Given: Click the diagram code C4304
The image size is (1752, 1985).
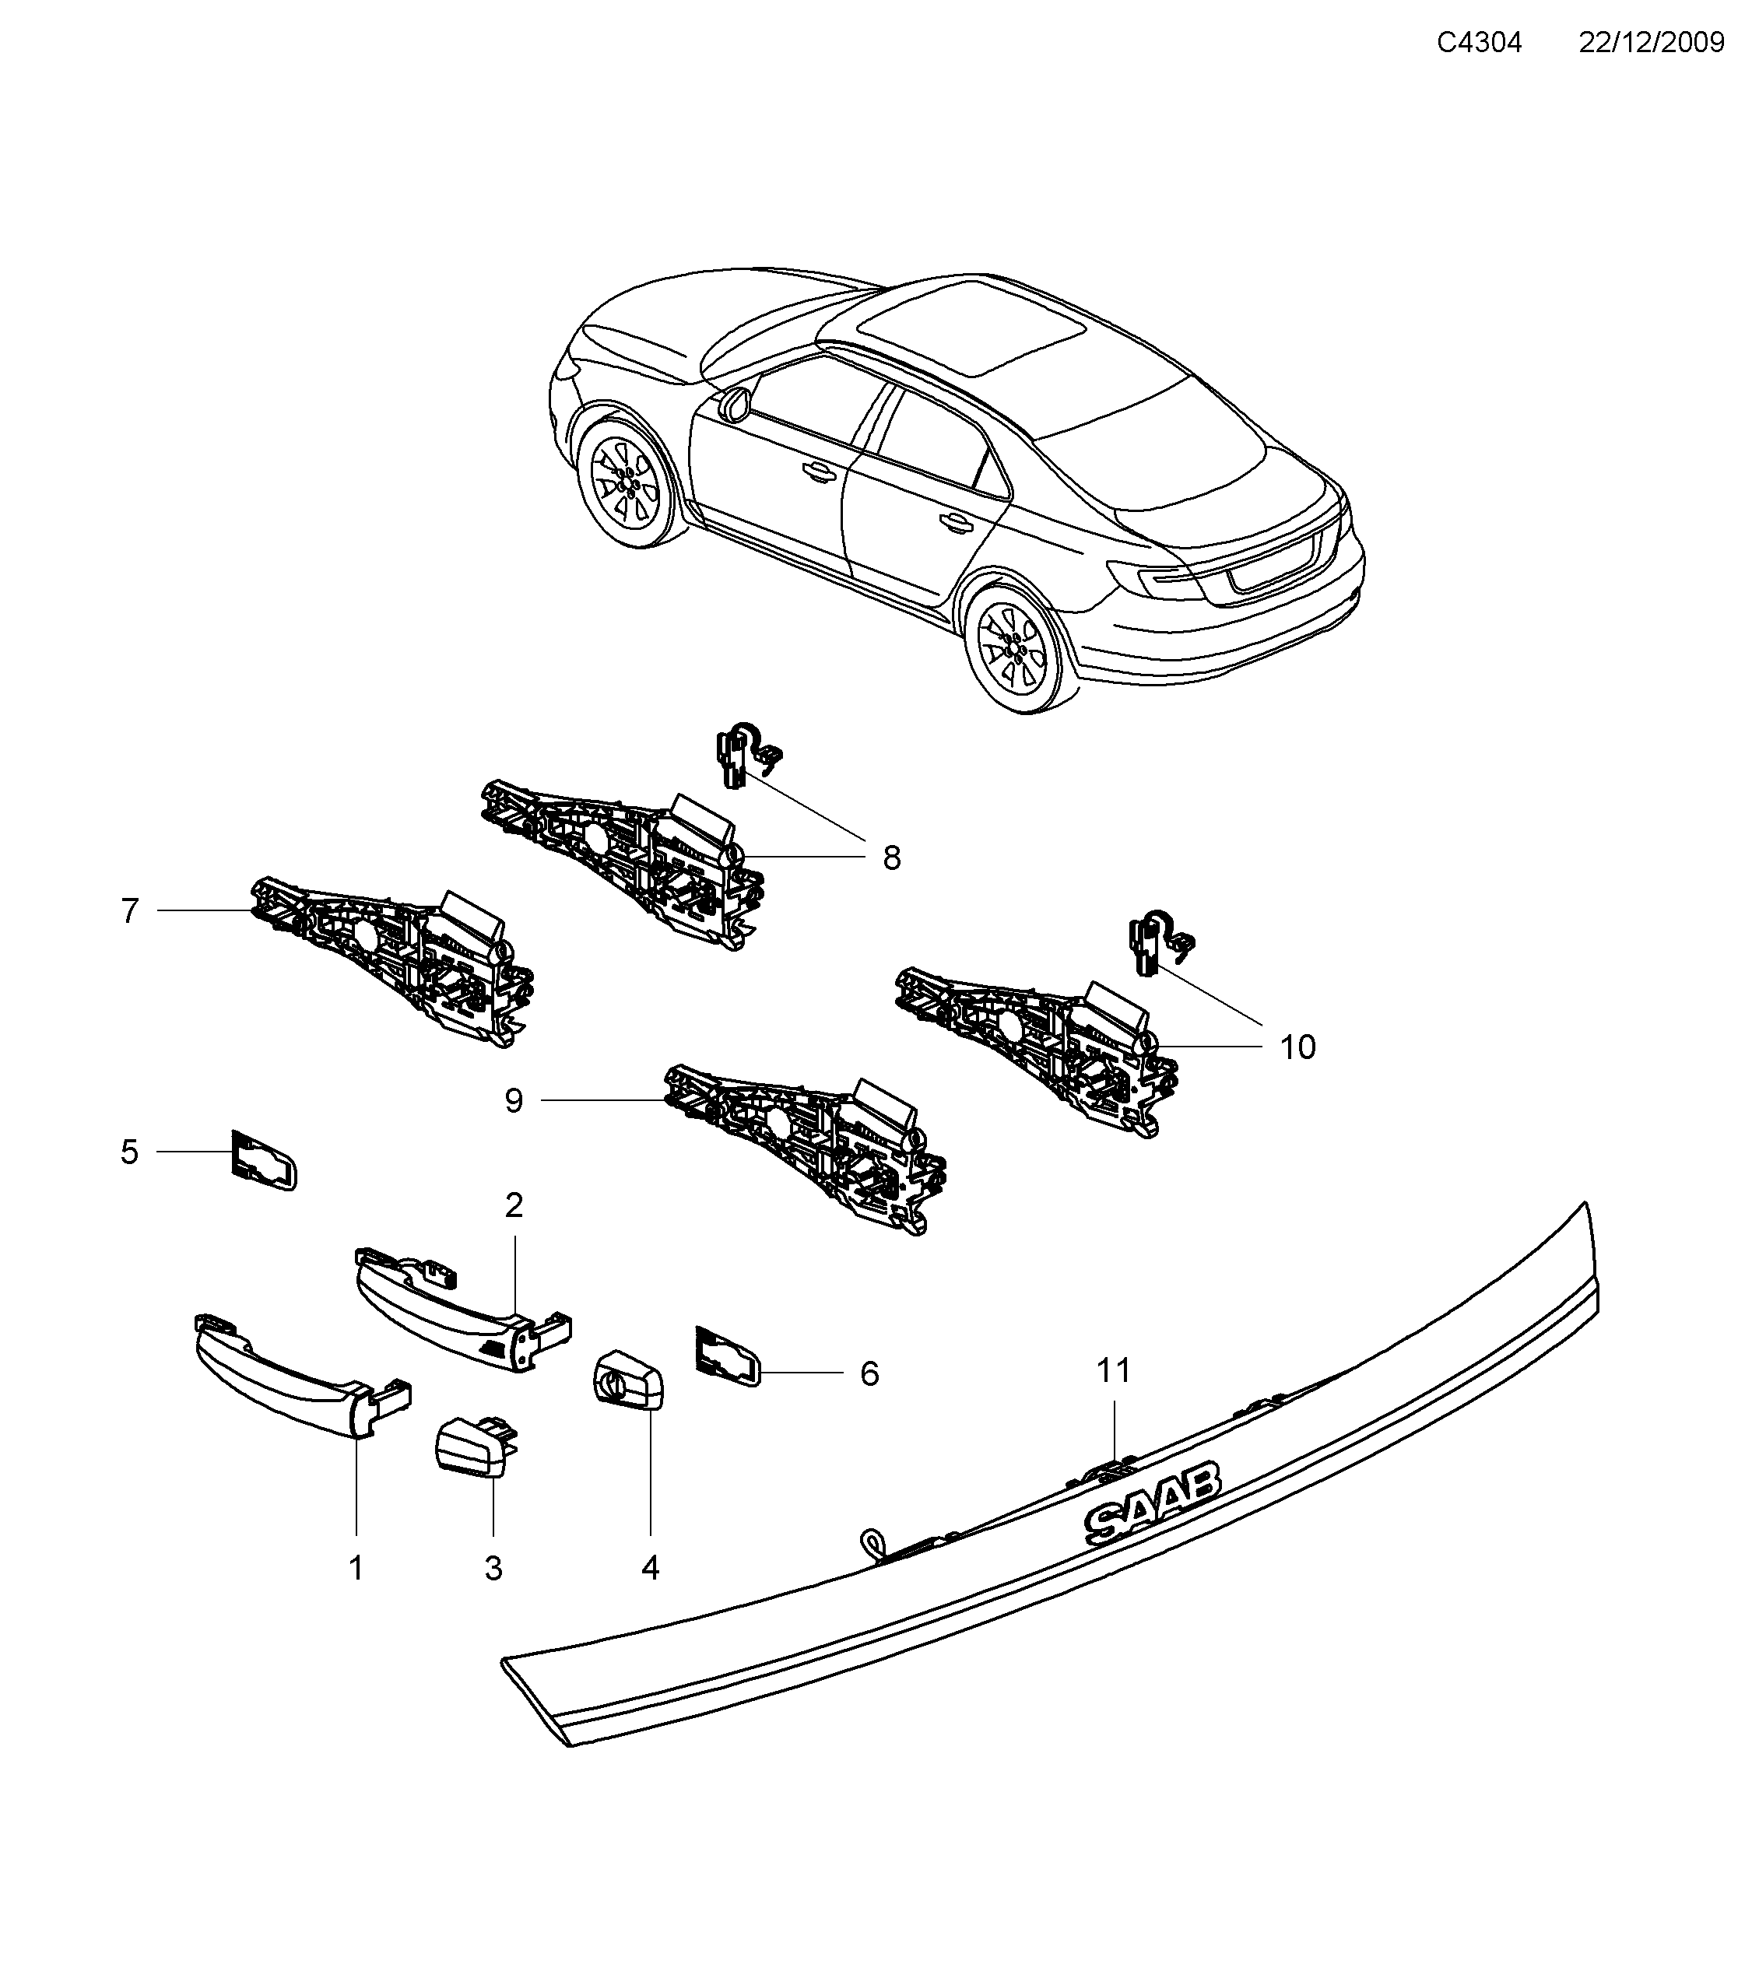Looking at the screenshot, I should click(x=1479, y=43).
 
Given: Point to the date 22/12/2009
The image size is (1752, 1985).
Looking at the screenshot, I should click(x=1651, y=43).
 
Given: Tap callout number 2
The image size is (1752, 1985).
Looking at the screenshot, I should click(x=514, y=1205).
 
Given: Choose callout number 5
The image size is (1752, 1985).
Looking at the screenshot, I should click(x=129, y=1152).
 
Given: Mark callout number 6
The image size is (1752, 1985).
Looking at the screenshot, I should click(x=869, y=1373).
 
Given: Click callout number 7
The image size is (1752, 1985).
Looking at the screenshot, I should click(x=130, y=911).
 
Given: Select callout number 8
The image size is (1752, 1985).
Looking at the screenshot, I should click(x=891, y=857).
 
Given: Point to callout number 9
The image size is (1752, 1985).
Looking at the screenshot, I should click(x=514, y=1100).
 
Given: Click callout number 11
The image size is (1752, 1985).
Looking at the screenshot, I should click(x=1114, y=1370).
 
